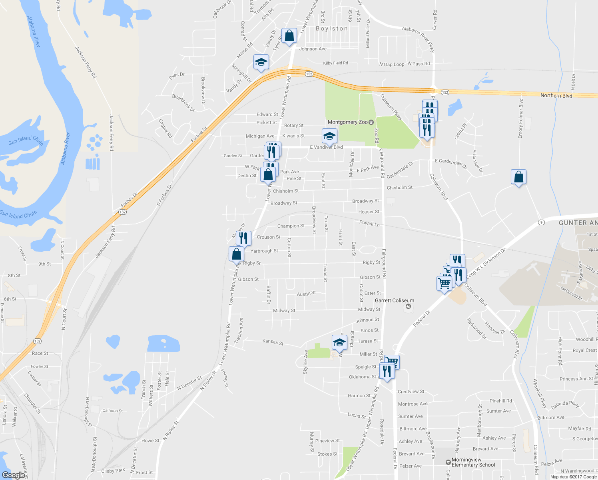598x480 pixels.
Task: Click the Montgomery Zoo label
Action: pos(347,122)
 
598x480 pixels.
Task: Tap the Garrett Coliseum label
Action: pos(394,300)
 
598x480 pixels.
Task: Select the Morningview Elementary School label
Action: pos(473,462)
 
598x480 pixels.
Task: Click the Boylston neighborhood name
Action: pos(332,29)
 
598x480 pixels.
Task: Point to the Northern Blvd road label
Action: pos(556,96)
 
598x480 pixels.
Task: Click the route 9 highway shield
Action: pos(541,222)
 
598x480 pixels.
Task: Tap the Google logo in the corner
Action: pos(13,475)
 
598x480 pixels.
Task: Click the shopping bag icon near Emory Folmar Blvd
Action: pos(518,177)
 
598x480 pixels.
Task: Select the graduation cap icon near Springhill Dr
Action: pos(261,62)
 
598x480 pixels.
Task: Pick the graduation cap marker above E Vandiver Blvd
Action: pos(329,136)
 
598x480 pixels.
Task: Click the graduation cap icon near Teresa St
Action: pos(339,342)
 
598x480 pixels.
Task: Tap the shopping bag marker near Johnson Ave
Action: pos(289,36)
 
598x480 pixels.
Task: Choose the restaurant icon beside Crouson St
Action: pos(243,238)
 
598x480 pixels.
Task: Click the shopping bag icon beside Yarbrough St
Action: pos(236,254)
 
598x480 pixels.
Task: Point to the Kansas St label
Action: pos(273,342)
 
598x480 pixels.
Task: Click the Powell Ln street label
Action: pos(369,223)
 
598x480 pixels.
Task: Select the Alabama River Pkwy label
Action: pos(418,40)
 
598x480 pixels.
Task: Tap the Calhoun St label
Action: pos(112,410)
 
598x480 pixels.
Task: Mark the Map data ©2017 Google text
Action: pos(573,477)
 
